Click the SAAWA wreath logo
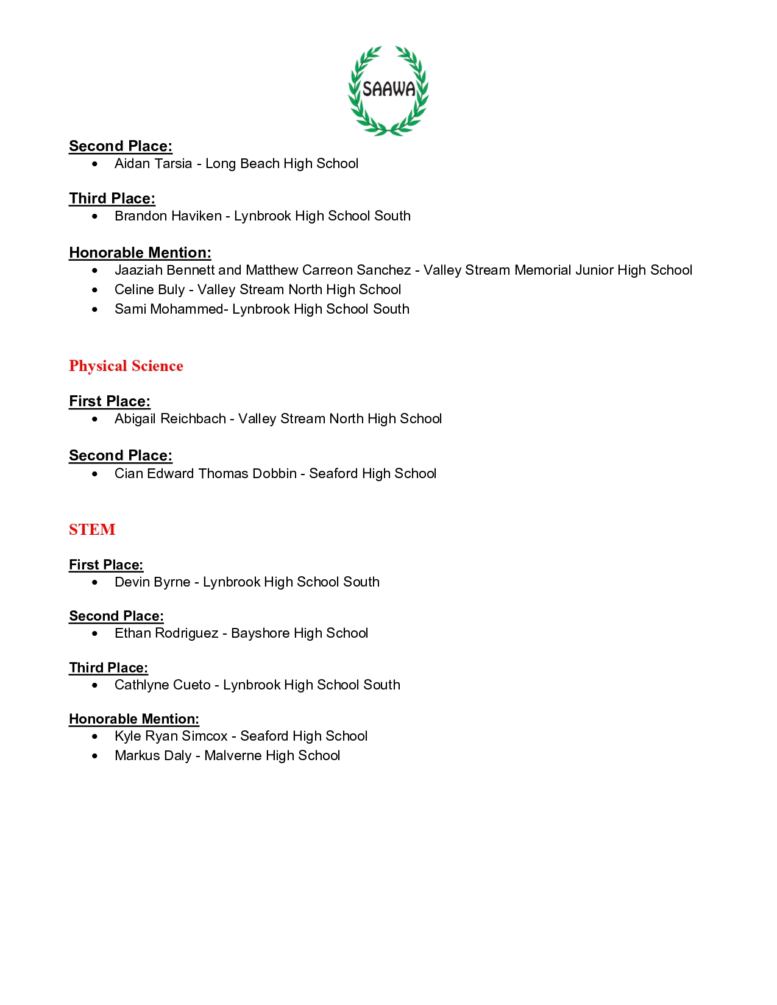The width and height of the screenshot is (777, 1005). tap(388, 90)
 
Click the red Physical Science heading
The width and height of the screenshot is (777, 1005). tap(126, 365)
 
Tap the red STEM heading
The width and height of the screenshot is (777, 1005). tap(92, 529)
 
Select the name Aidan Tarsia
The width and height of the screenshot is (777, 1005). tap(153, 163)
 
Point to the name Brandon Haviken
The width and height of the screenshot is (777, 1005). tap(168, 216)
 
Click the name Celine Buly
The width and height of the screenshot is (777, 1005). tap(149, 289)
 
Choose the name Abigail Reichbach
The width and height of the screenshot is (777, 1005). tap(170, 418)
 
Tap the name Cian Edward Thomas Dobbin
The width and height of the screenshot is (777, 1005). tap(205, 473)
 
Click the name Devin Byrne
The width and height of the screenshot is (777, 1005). tap(152, 582)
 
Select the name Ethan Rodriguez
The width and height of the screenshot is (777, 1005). tap(166, 633)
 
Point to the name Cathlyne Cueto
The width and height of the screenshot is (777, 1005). tap(162, 685)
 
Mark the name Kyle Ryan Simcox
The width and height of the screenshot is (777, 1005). tap(171, 736)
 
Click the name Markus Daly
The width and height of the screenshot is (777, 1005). tap(153, 755)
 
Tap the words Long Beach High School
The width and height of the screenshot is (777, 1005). tap(282, 163)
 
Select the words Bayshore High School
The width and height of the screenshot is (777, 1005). tap(299, 633)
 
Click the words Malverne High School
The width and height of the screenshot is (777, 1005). tap(272, 755)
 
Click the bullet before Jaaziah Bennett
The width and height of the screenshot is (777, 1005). tap(94, 270)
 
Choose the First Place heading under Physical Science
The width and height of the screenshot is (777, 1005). tap(110, 401)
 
